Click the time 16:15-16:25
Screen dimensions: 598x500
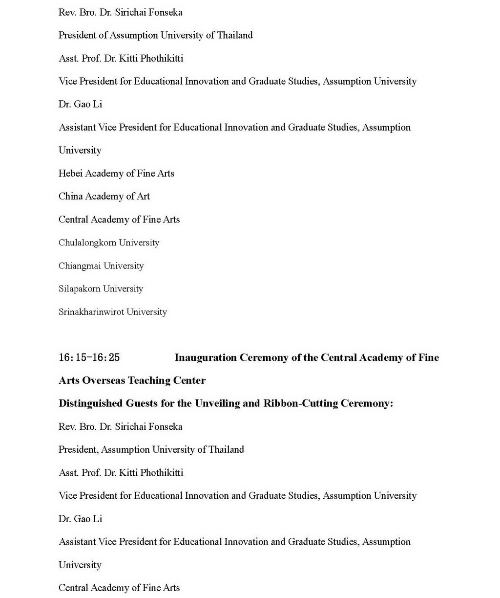pyautogui.click(x=89, y=357)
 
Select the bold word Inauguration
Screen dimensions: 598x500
pyautogui.click(x=206, y=357)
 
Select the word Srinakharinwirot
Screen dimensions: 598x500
pyautogui.click(x=84, y=311)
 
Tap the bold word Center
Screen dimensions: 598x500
pyautogui.click(x=189, y=380)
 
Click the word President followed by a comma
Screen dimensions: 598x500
pyautogui.click(x=79, y=449)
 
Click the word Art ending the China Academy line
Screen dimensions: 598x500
pyautogui.click(x=143, y=196)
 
